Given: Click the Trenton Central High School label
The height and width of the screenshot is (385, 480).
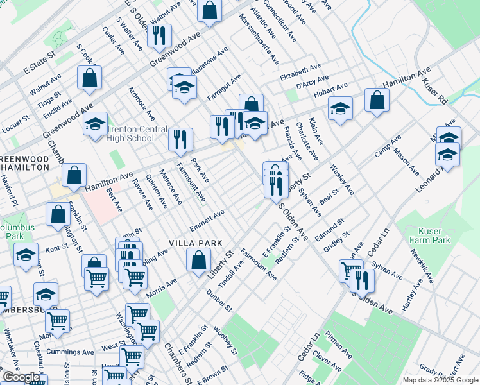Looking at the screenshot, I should (x=130, y=133).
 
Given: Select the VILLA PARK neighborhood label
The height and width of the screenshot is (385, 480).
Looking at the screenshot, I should (x=195, y=243).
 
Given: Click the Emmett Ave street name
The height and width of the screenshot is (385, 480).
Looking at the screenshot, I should (x=207, y=220).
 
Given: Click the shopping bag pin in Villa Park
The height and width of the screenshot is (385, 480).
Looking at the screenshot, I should (x=198, y=259).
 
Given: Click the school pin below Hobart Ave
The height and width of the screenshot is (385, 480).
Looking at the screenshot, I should (x=340, y=108).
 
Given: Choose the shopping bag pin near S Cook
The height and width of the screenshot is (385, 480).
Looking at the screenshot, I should (x=90, y=78).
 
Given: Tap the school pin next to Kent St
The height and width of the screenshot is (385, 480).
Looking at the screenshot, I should (x=26, y=255).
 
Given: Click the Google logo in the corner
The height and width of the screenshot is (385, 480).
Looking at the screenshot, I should (x=21, y=377).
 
